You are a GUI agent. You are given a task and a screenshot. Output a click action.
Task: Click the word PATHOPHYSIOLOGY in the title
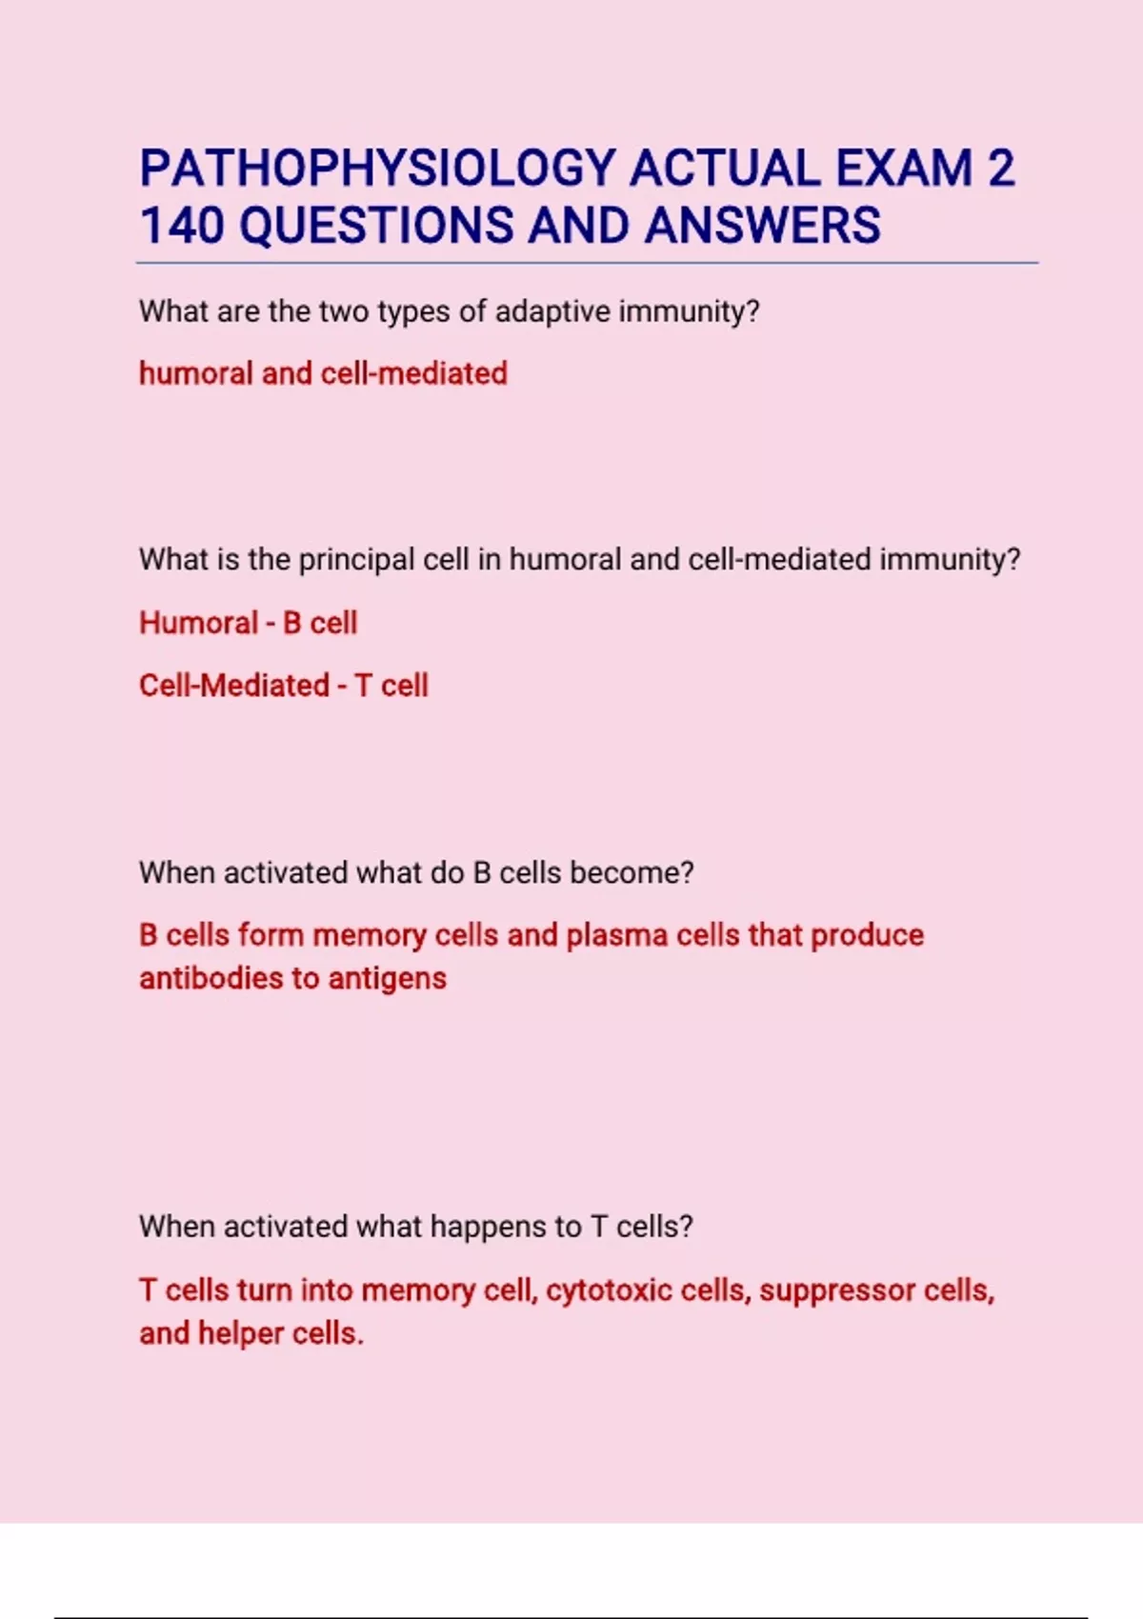coord(377,169)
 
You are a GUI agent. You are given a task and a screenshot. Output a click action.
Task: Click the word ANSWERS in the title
coord(762,226)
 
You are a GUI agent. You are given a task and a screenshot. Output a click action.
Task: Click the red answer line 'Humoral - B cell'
coord(248,623)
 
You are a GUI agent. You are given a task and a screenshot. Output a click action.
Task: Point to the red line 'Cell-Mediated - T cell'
coord(283,686)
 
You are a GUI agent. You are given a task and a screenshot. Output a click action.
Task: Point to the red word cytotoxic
coord(610,1290)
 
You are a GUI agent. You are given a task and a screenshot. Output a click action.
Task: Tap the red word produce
coord(867,935)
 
